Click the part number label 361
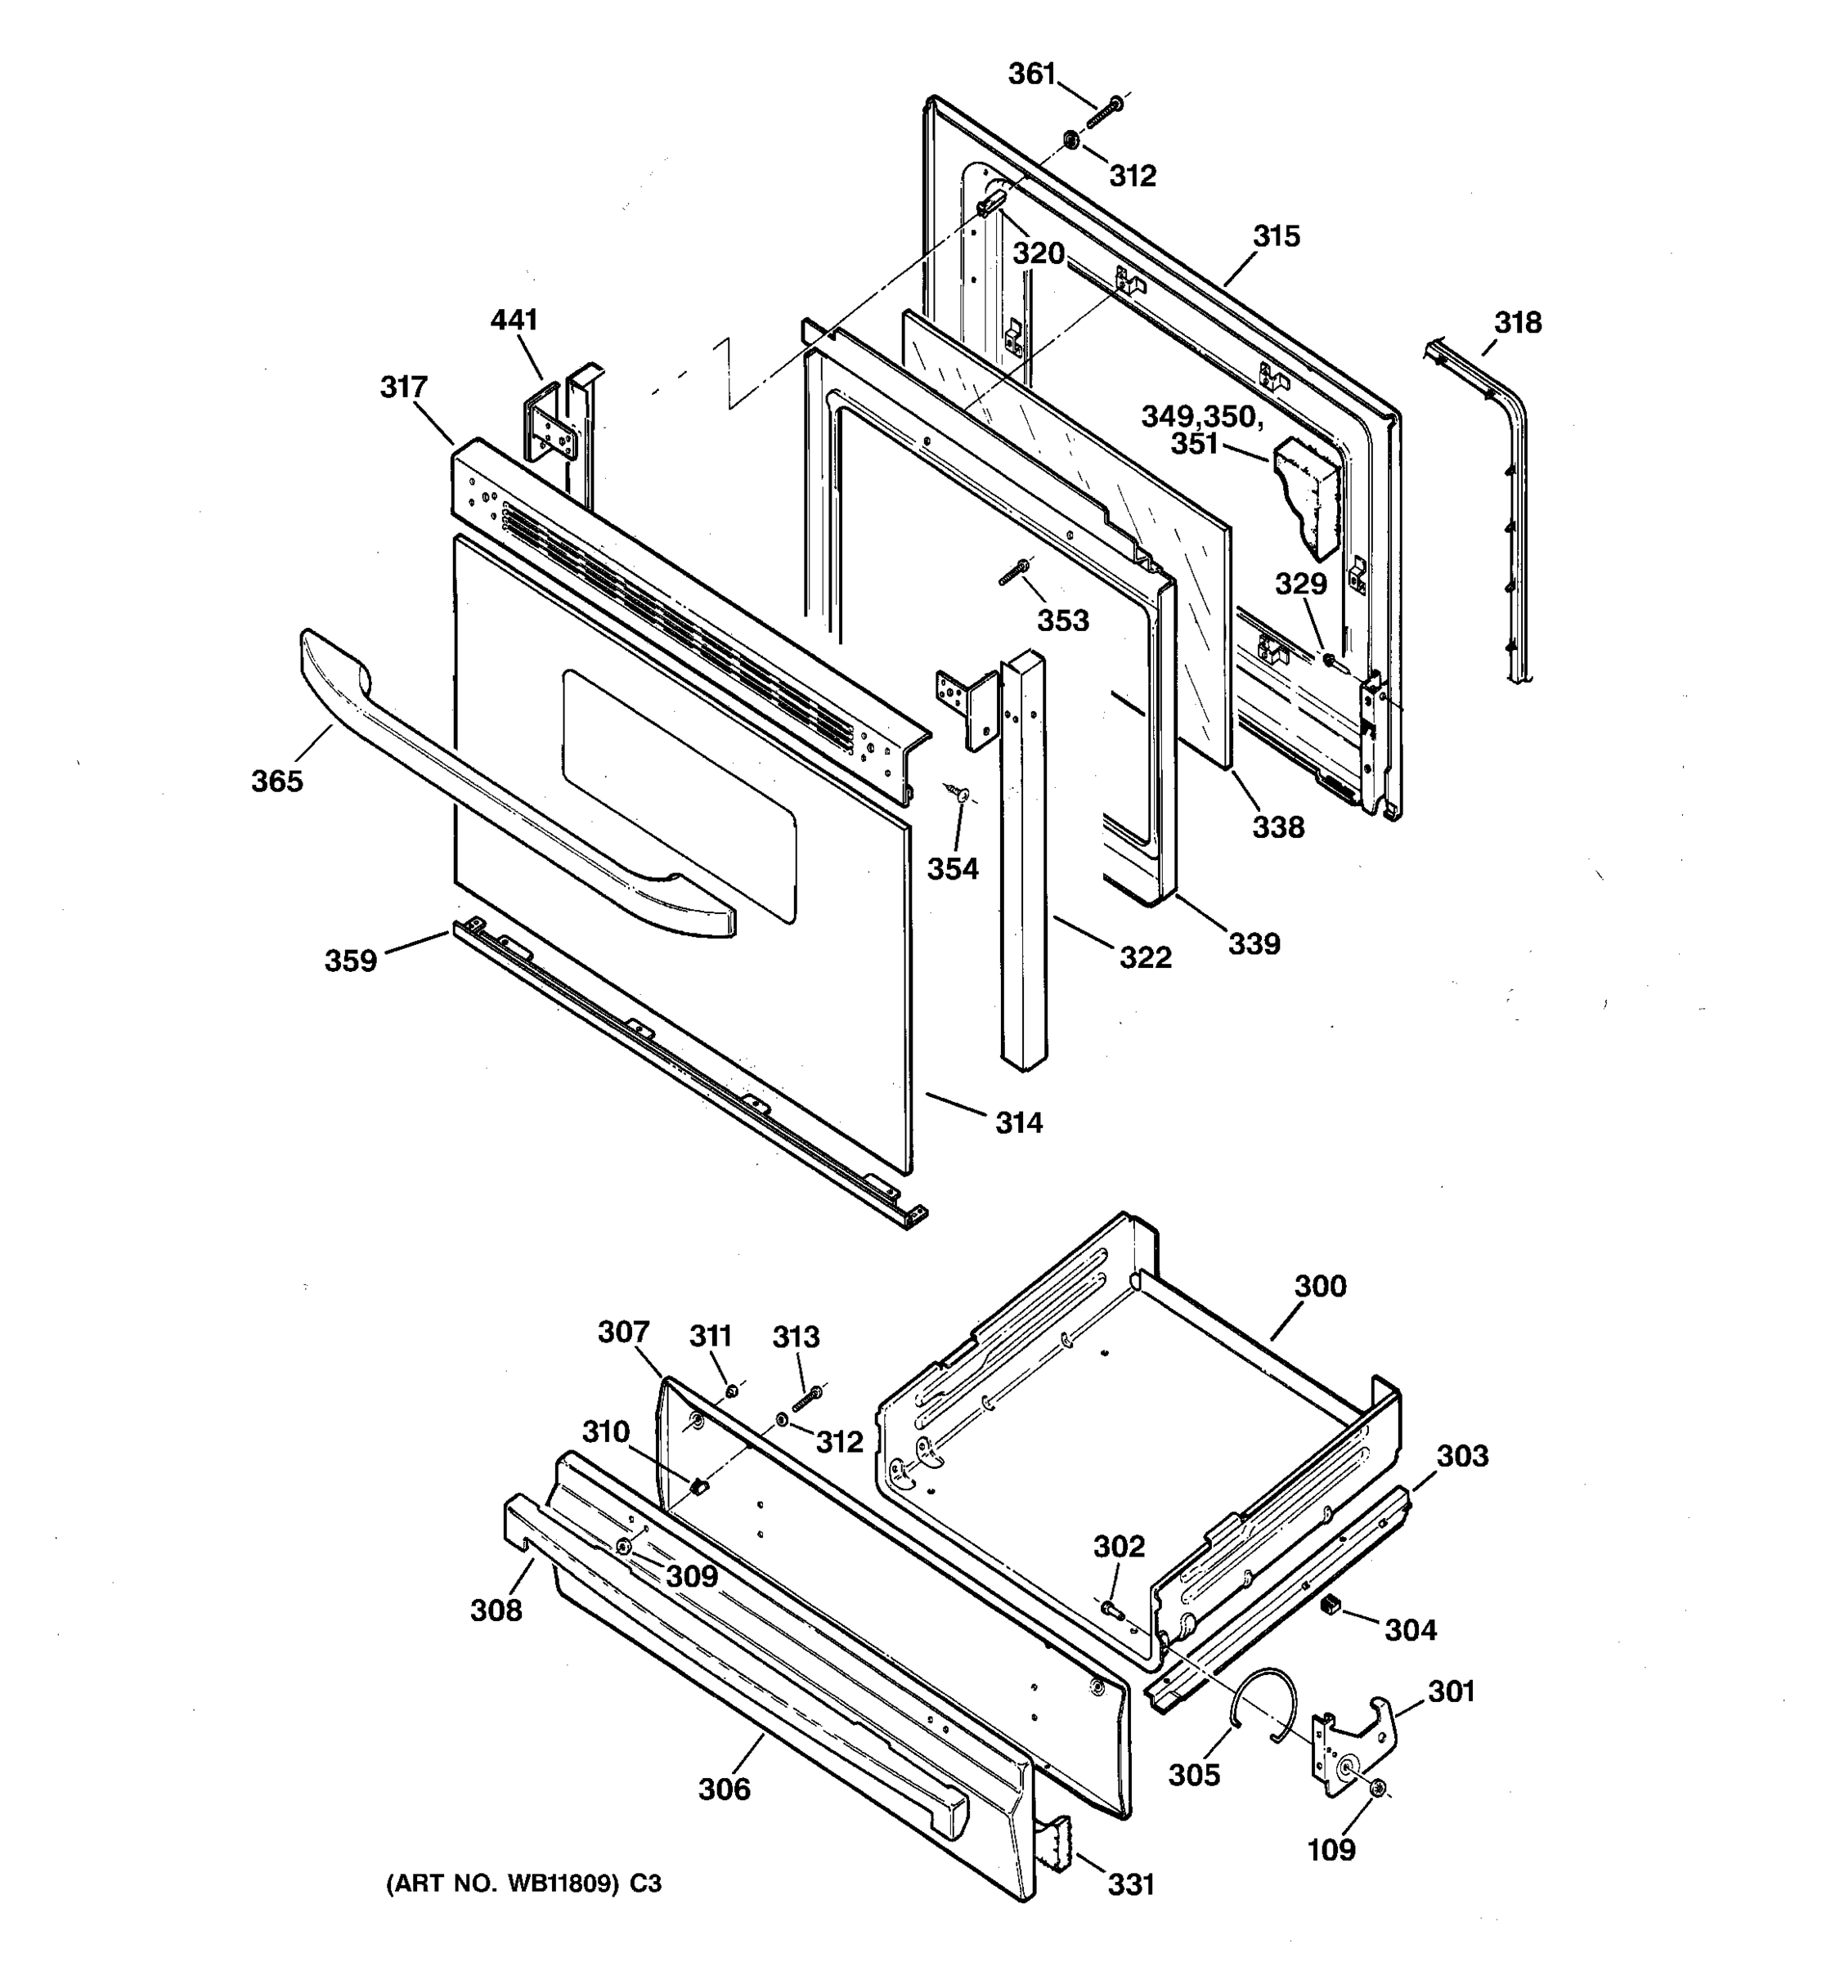click(1031, 74)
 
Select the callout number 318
click(1517, 323)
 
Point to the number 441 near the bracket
click(514, 320)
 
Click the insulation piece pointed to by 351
click(1308, 499)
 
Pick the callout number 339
click(1254, 943)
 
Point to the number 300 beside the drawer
click(1320, 1286)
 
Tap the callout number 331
click(1130, 1885)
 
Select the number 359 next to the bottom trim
click(352, 961)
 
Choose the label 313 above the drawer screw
click(796, 1337)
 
